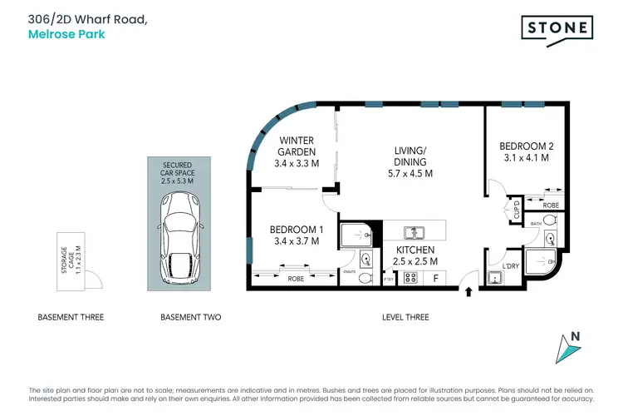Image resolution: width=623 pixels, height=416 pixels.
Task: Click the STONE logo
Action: (x=557, y=29)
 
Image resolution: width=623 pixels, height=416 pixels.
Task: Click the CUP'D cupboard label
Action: (x=516, y=209)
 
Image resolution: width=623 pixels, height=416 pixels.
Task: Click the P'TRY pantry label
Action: (x=388, y=280)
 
